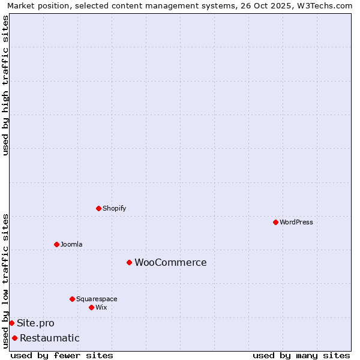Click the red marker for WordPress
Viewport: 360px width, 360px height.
click(275, 222)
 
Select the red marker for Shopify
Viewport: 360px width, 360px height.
click(98, 208)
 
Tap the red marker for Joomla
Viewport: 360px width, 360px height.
click(56, 244)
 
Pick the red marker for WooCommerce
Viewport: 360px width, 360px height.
click(129, 262)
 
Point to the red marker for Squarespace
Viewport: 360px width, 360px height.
click(72, 299)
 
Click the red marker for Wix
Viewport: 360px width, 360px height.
click(91, 307)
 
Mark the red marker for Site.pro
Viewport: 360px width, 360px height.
click(11, 323)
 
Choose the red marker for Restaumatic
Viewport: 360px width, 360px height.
click(14, 338)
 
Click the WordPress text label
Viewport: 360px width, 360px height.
click(296, 222)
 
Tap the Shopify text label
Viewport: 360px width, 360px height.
click(114, 208)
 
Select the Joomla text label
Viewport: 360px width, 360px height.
click(71, 244)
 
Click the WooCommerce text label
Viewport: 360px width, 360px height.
click(170, 262)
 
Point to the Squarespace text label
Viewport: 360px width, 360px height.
click(97, 299)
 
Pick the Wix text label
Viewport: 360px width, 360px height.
click(101, 307)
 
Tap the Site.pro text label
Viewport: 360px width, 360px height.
click(35, 323)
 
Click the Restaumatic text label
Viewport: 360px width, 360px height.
click(49, 338)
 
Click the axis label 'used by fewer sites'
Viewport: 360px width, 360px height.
click(62, 355)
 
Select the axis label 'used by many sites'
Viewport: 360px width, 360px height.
click(301, 355)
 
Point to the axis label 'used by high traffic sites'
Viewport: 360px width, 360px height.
click(5, 85)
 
